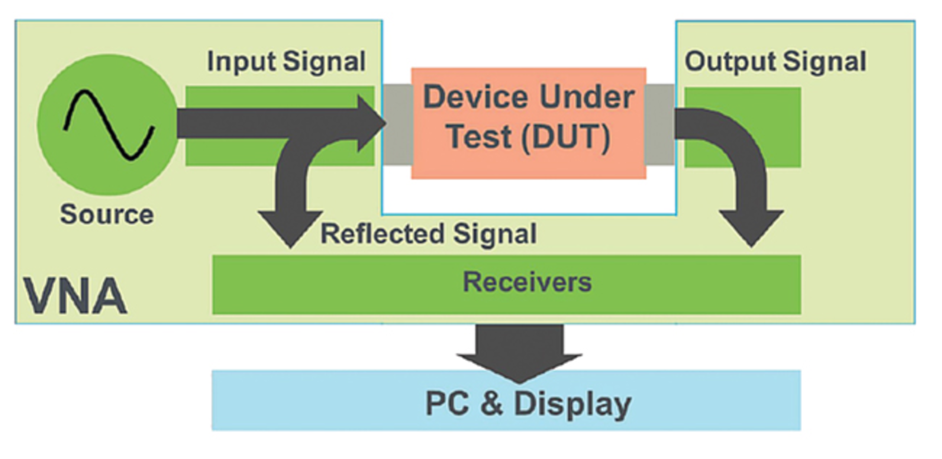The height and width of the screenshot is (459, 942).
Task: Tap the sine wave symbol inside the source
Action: click(109, 125)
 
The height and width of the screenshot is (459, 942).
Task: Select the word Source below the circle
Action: click(106, 215)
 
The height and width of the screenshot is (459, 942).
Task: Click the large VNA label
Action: click(75, 296)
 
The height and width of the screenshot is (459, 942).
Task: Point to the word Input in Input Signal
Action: click(240, 62)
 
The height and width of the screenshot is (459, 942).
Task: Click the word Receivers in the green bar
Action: click(527, 282)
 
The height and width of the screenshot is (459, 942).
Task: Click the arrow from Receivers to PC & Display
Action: click(519, 353)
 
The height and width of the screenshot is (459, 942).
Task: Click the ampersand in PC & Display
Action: click(492, 404)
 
